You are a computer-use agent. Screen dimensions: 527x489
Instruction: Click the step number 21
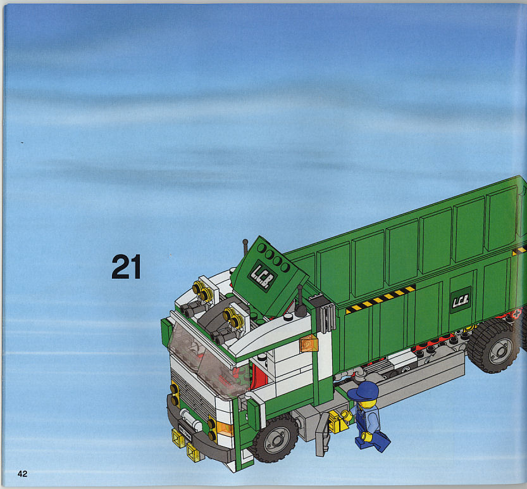pos(126,267)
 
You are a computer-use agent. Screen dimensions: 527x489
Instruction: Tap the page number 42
pos(22,474)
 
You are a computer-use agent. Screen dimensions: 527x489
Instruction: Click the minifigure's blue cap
pos(363,391)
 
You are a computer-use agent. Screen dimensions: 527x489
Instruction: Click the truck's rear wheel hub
pos(500,351)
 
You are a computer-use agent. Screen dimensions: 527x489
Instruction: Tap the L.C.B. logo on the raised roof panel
pos(263,276)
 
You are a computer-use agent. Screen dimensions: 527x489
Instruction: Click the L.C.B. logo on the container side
pos(460,300)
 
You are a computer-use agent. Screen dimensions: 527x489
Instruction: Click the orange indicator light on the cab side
pos(309,343)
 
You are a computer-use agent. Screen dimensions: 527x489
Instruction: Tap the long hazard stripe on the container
pos(380,298)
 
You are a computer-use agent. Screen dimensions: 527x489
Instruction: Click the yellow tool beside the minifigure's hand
pos(338,421)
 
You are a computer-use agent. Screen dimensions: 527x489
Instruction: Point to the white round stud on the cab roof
pos(288,317)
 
